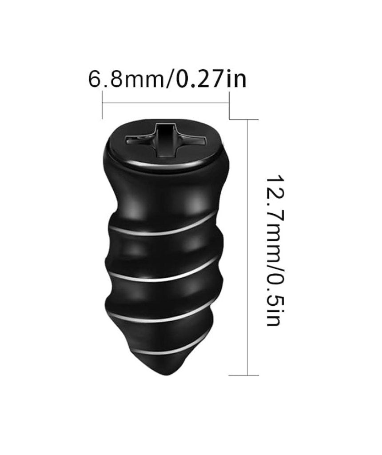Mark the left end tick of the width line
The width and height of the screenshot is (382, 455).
103,105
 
